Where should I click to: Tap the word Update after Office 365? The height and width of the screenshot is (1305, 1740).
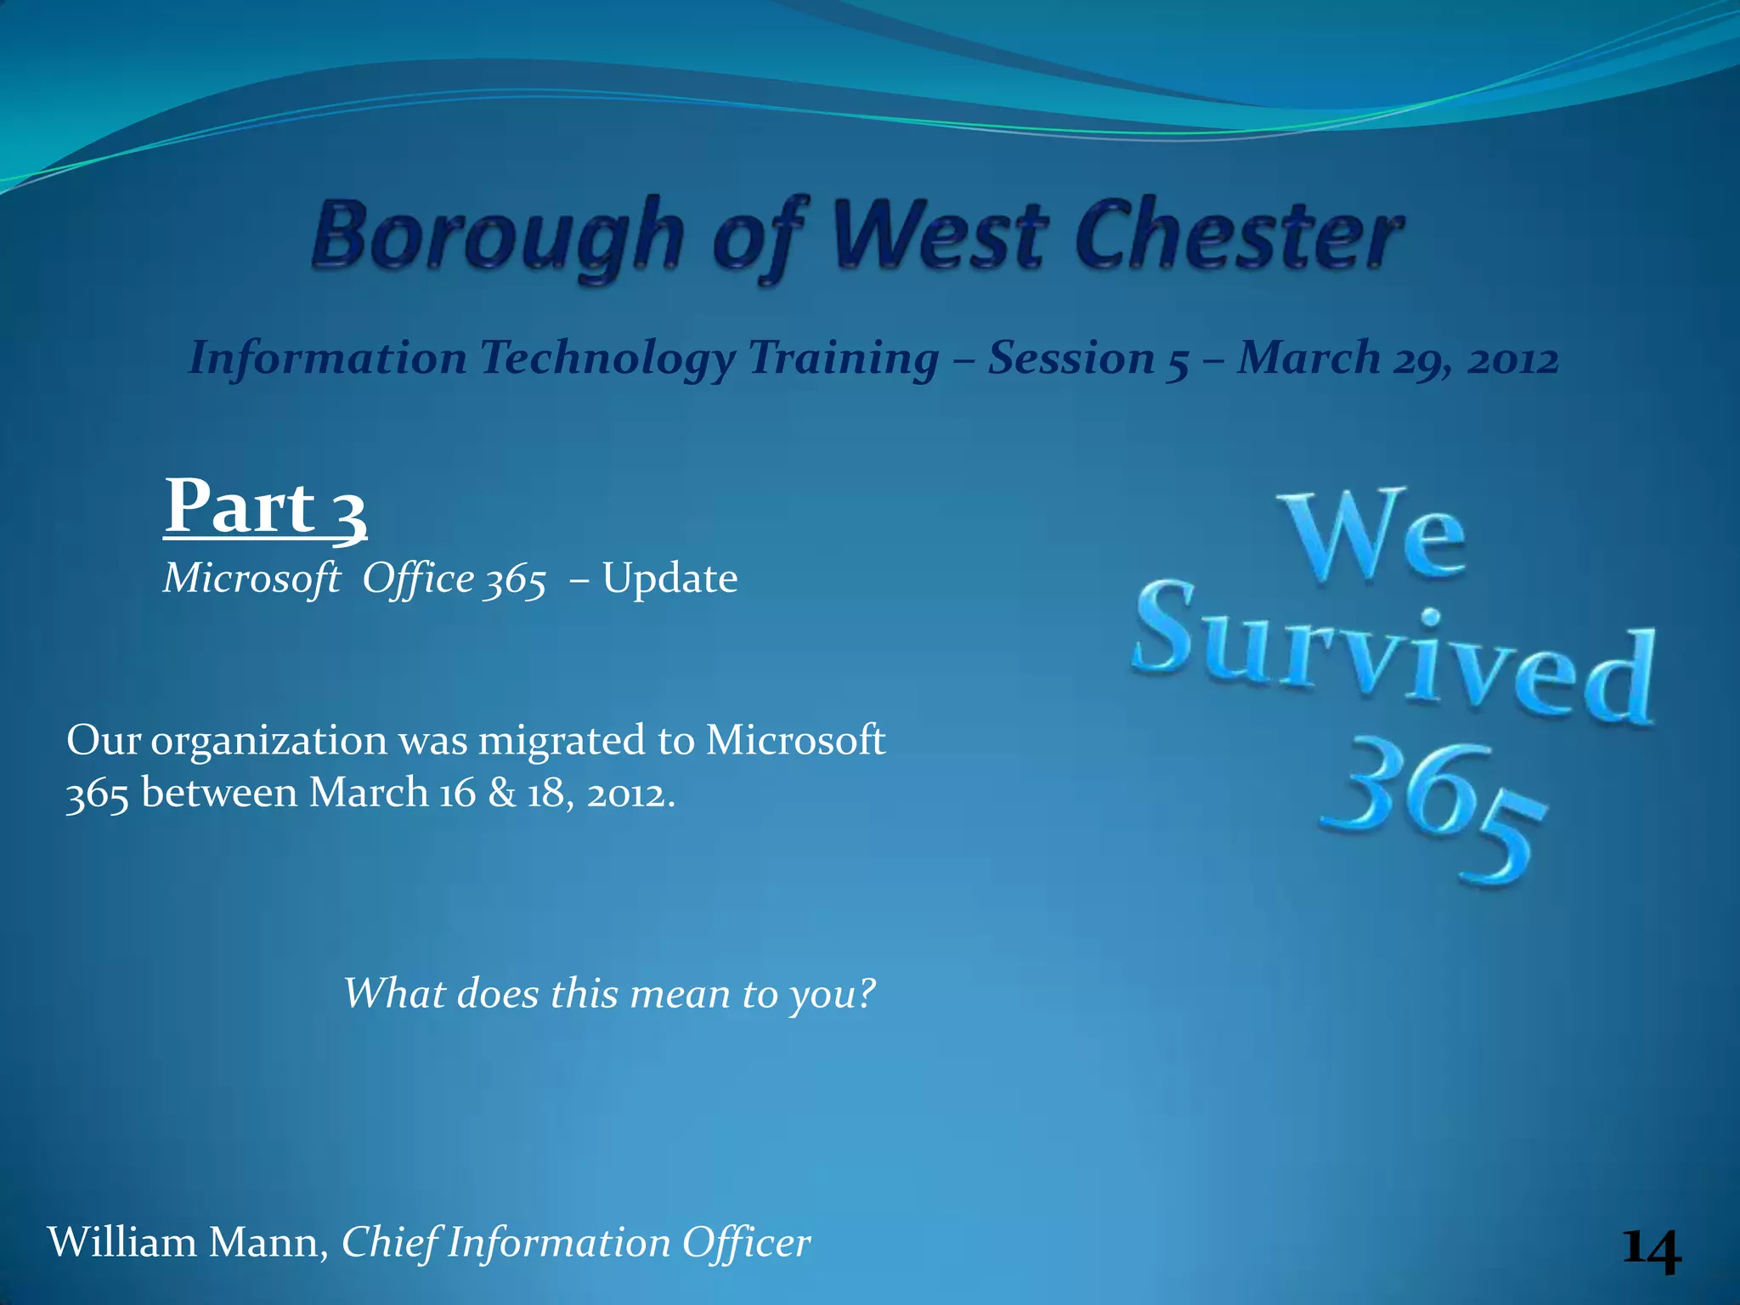[x=669, y=579]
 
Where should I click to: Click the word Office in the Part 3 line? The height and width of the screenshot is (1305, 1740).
[x=418, y=579]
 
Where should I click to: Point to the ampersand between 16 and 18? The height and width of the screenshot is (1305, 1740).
[x=502, y=794]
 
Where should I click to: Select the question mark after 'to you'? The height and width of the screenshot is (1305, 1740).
[x=866, y=992]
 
